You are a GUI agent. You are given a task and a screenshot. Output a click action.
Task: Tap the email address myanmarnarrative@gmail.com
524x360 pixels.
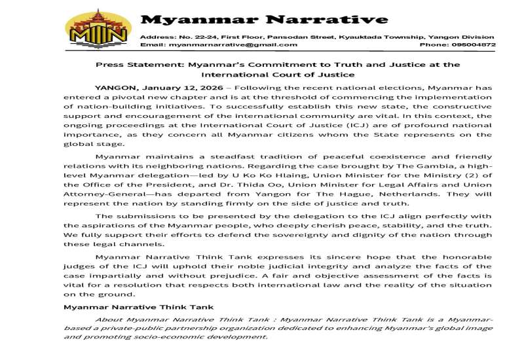233,45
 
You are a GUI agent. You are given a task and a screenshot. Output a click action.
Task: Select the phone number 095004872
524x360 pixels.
476,45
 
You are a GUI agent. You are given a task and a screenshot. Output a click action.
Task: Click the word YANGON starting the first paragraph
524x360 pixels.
115,86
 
